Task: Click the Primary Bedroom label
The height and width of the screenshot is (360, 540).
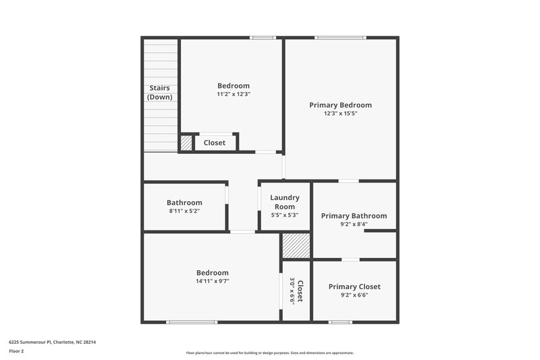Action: tap(340, 105)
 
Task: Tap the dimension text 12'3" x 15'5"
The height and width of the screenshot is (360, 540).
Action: tap(340, 114)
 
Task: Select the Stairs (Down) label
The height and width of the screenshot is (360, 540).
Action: tap(159, 93)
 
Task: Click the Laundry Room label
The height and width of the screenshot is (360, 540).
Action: tap(284, 202)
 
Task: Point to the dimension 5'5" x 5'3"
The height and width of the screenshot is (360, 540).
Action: tap(284, 215)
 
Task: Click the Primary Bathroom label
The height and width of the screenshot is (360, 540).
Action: tap(354, 215)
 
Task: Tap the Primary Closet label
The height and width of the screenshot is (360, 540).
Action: tap(354, 286)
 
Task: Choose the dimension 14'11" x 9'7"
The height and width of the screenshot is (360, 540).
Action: tap(212, 281)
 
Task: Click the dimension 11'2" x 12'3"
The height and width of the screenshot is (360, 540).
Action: tap(233, 95)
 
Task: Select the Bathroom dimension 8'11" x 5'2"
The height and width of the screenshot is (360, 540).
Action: tap(184, 211)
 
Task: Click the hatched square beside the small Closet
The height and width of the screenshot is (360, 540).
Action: tap(186, 143)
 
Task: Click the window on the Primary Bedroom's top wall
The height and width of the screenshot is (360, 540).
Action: tap(340, 37)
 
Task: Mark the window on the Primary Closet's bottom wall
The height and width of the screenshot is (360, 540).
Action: tap(340, 322)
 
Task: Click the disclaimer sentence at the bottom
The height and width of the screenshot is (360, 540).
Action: tap(270, 353)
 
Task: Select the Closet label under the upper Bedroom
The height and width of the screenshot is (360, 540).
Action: tap(215, 143)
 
